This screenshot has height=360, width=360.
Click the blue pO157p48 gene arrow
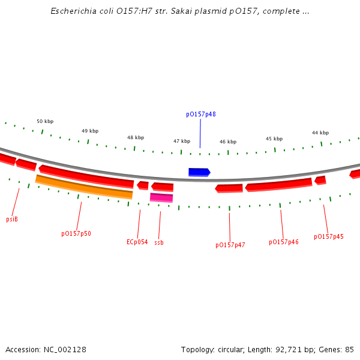pyautogui.click(x=199, y=172)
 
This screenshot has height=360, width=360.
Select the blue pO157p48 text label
pyautogui.click(x=201, y=114)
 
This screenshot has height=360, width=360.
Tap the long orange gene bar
pyautogui.click(x=84, y=187)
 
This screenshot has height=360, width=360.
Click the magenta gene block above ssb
pyautogui.click(x=161, y=197)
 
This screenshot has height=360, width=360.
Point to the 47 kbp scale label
pyautogui.click(x=182, y=142)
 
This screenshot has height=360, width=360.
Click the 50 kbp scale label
pyautogui.click(x=45, y=121)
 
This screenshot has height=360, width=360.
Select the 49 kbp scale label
pyautogui.click(x=90, y=131)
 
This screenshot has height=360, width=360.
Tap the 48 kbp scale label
pyautogui.click(x=136, y=137)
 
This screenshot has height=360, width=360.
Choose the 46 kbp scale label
pyautogui.click(x=228, y=142)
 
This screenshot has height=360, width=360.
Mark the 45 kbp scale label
pyautogui.click(x=274, y=139)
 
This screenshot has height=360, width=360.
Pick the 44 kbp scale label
pyautogui.click(x=320, y=133)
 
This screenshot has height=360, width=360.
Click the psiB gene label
pyautogui.click(x=12, y=219)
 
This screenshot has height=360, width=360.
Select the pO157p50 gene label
pyautogui.click(x=76, y=233)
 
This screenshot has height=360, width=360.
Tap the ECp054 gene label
pyautogui.click(x=137, y=242)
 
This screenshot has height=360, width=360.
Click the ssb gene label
pyautogui.click(x=159, y=242)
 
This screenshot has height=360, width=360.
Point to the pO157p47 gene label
pyautogui.click(x=230, y=245)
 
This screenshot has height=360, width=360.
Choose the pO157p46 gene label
pyautogui.click(x=284, y=242)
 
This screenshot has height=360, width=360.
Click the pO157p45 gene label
pyautogui.click(x=329, y=236)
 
